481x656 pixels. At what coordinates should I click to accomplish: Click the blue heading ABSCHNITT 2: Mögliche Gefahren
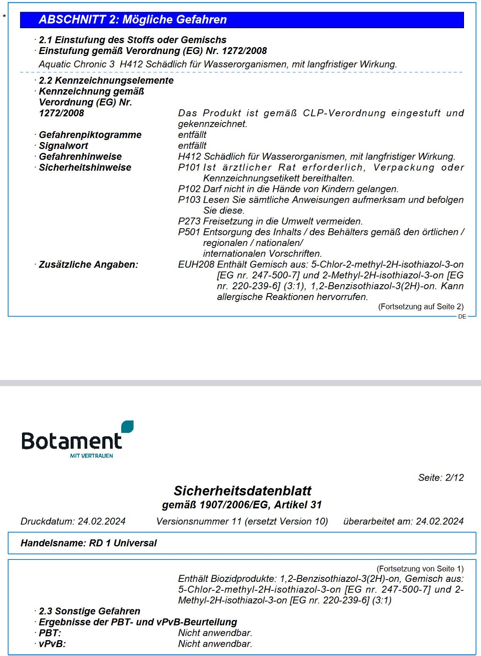(x=133, y=20)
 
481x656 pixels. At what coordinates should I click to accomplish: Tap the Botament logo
(x=77, y=440)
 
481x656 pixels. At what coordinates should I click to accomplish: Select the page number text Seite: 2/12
(x=441, y=478)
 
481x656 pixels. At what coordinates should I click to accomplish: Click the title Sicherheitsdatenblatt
(x=242, y=491)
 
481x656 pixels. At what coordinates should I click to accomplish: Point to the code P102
(x=189, y=189)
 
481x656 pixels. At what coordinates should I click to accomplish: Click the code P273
(x=189, y=221)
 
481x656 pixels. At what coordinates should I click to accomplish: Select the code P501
(x=189, y=232)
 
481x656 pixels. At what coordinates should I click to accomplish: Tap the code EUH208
(x=196, y=264)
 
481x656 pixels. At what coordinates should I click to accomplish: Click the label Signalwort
(x=63, y=146)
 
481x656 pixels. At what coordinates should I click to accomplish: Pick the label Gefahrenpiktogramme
(x=90, y=135)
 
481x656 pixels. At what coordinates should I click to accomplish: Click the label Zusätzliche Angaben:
(x=88, y=264)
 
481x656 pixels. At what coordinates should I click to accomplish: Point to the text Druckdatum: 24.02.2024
(x=73, y=521)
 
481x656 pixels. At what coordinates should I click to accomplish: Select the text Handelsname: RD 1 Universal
(x=89, y=543)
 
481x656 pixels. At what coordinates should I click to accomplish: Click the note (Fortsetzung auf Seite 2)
(x=421, y=307)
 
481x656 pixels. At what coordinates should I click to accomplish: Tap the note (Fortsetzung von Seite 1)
(x=420, y=569)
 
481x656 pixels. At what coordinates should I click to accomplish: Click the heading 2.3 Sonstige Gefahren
(x=90, y=611)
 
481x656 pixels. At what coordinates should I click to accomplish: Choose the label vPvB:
(x=52, y=644)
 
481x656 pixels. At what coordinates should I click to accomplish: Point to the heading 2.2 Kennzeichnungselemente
(x=106, y=80)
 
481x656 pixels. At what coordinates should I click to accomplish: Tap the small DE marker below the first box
(x=462, y=317)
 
